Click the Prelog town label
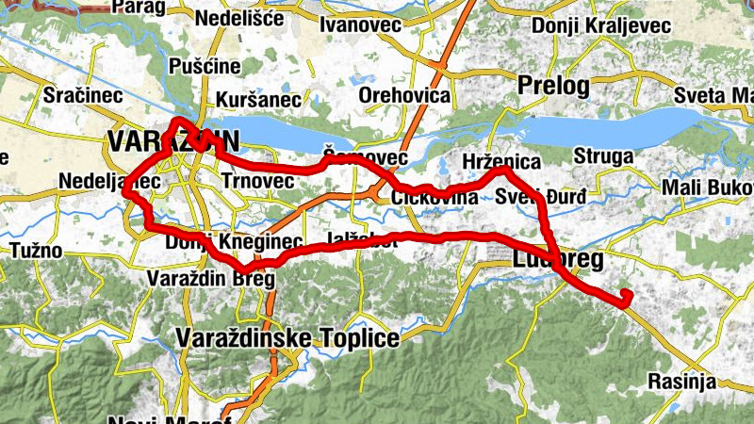(553, 86)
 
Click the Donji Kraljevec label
(601, 25)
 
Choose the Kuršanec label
(257, 99)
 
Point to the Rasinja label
(681, 382)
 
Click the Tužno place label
(36, 252)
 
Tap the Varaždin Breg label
(211, 279)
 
